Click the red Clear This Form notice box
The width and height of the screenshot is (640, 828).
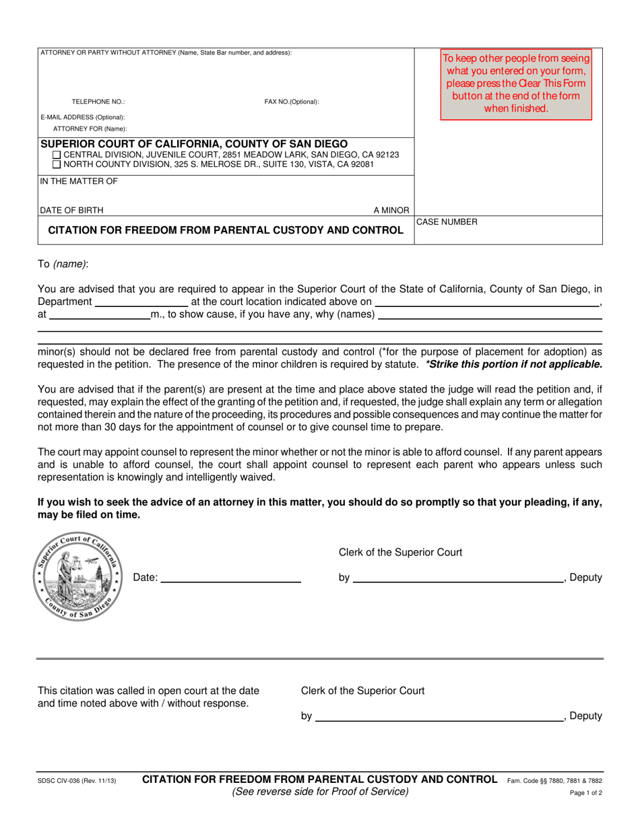coord(516,83)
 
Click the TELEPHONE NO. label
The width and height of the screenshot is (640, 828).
coord(98,102)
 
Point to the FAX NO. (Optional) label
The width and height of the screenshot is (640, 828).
coord(292,102)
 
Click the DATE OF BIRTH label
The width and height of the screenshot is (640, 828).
coord(71,209)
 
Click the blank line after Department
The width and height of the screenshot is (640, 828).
coord(141,302)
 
